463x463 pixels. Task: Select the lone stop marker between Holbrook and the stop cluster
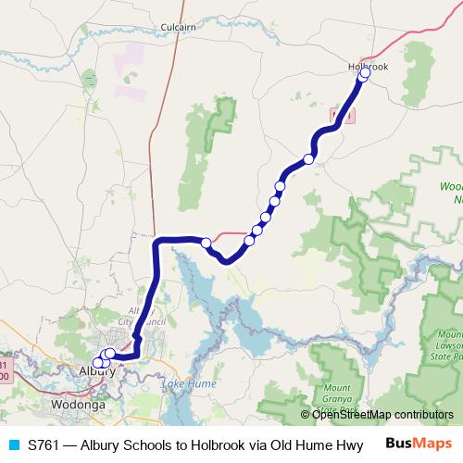pos(309,158)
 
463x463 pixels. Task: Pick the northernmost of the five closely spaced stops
pos(280,186)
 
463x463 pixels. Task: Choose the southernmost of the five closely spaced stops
pos(249,241)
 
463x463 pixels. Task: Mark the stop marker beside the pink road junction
pos(206,243)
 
